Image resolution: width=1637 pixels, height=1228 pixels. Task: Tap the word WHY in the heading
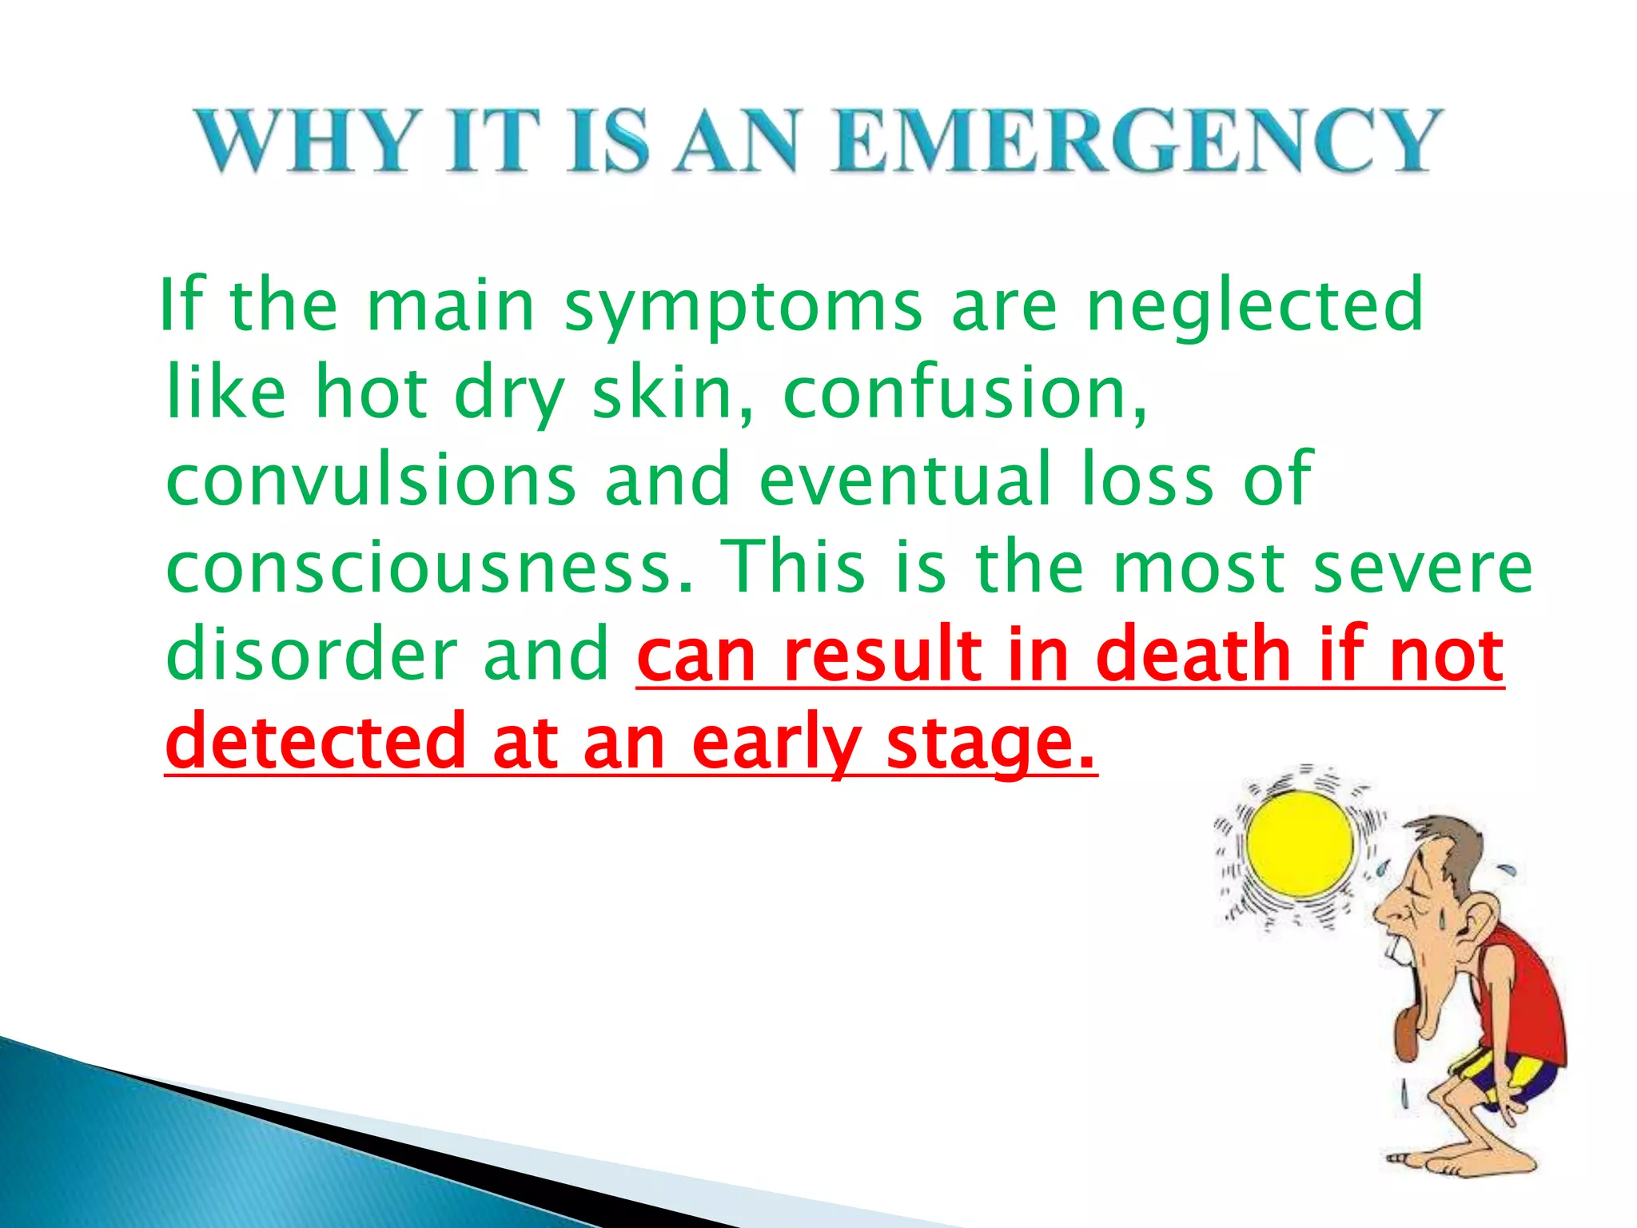(308, 142)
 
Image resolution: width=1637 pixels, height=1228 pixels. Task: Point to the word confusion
(963, 393)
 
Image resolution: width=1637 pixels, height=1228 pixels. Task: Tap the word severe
(1423, 568)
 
